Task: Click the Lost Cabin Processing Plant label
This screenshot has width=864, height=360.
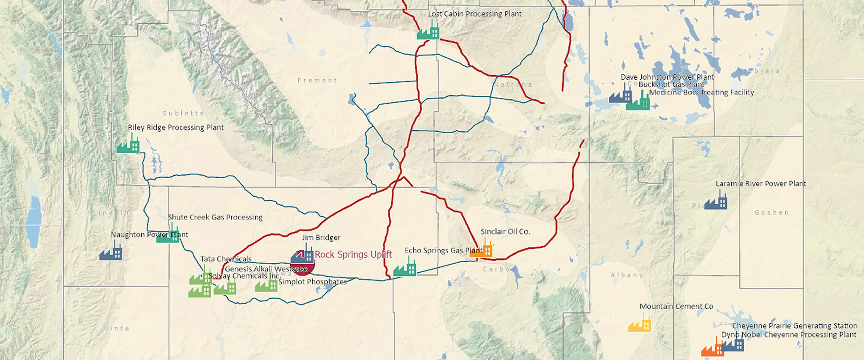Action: [x=475, y=14]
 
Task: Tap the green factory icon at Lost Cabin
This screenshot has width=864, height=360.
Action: [x=427, y=31]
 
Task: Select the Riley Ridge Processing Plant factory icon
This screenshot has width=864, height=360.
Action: [x=128, y=145]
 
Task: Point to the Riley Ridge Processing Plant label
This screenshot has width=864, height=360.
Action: [x=175, y=128]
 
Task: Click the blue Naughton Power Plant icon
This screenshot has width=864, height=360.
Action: [x=111, y=252]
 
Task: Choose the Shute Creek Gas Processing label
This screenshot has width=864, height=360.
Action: [x=215, y=217]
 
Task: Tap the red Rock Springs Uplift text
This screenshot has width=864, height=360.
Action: [x=353, y=255]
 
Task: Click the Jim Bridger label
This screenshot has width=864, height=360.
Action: [x=321, y=238]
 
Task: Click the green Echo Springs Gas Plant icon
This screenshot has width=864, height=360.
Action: [x=405, y=268]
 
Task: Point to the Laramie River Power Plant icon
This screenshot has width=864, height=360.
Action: [x=715, y=201]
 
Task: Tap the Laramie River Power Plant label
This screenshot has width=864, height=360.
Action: [x=760, y=184]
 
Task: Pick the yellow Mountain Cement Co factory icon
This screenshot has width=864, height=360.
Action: [x=639, y=324]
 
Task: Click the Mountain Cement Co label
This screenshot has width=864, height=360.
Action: [x=676, y=306]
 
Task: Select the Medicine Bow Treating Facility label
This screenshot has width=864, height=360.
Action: [x=701, y=93]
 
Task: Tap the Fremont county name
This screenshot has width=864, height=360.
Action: [x=317, y=81]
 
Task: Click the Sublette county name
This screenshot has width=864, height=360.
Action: [x=183, y=113]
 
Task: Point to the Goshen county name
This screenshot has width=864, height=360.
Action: [x=771, y=212]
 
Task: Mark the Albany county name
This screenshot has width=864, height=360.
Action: [x=626, y=275]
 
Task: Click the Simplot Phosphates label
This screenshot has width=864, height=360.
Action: [x=312, y=282]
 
